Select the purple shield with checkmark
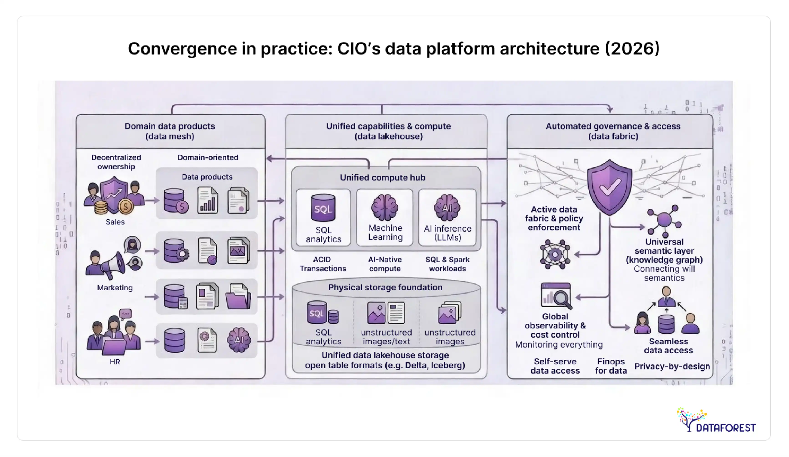pyautogui.click(x=609, y=187)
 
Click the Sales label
pyautogui.click(x=115, y=222)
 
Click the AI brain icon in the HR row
pyautogui.click(x=239, y=340)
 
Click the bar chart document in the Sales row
pyautogui.click(x=208, y=200)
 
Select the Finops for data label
pyautogui.click(x=611, y=366)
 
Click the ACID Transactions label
pyautogui.click(x=323, y=264)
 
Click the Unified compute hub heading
pyautogui.click(x=383, y=178)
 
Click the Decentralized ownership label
pyautogui.click(x=116, y=162)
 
